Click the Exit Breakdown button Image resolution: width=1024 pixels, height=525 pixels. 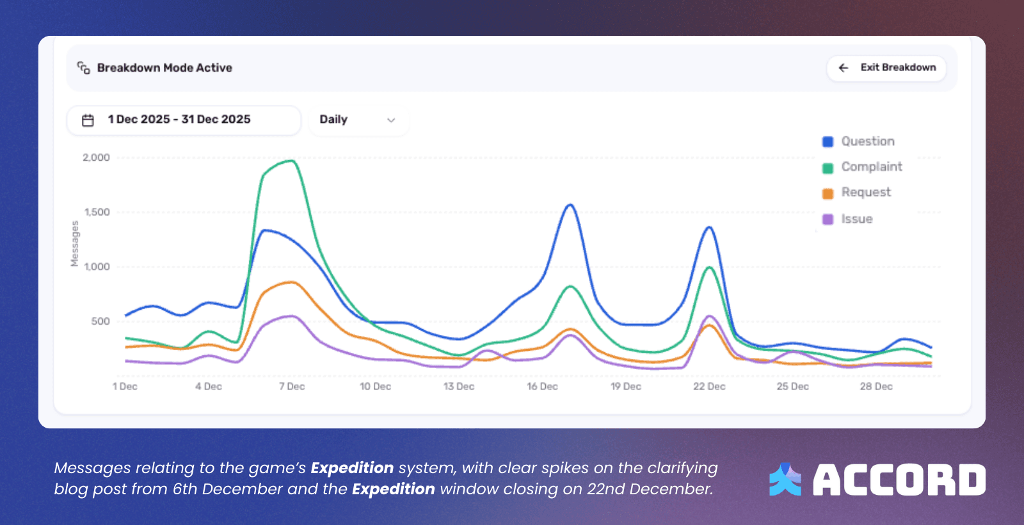(x=886, y=68)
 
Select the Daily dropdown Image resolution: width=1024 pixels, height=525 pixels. (x=358, y=120)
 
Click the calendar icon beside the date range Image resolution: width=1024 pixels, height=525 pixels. (x=88, y=120)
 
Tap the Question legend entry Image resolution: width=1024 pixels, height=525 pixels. (x=859, y=141)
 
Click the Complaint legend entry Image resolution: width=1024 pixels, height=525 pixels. (x=863, y=167)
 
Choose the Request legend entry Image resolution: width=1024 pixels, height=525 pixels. (x=857, y=193)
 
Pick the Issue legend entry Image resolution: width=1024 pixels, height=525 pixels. (x=848, y=219)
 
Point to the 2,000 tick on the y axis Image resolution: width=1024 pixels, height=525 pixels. (x=96, y=157)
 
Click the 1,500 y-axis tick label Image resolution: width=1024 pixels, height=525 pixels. (x=97, y=212)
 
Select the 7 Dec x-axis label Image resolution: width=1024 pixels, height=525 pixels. (x=292, y=387)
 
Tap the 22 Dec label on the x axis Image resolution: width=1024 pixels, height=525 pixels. (x=709, y=387)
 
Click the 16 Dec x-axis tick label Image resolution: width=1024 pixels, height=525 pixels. (x=542, y=387)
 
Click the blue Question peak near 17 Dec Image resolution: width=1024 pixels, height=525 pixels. (x=570, y=205)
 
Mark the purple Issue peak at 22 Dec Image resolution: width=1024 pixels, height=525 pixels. (x=709, y=316)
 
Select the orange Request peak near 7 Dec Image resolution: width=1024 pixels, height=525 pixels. (x=292, y=282)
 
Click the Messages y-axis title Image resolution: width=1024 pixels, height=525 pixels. (x=75, y=243)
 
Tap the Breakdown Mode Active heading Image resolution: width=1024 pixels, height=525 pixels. (x=164, y=68)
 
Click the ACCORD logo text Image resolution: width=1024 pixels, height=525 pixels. (x=899, y=480)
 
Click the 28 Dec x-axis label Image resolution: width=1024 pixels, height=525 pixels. (x=876, y=387)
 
